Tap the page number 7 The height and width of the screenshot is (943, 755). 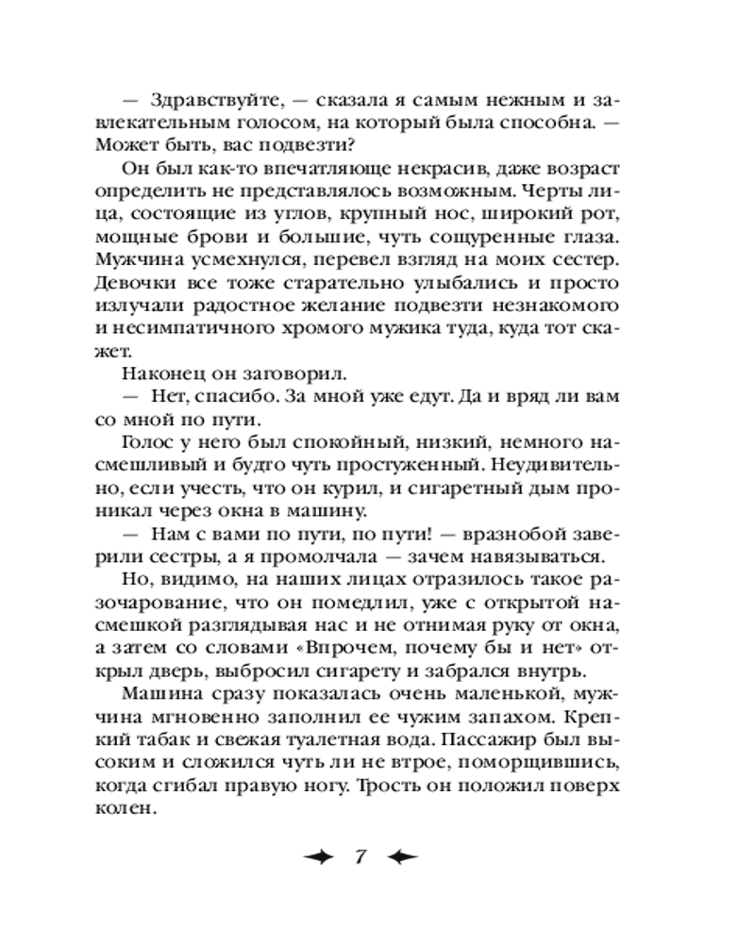click(x=360, y=857)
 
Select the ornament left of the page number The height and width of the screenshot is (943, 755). click(x=317, y=857)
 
